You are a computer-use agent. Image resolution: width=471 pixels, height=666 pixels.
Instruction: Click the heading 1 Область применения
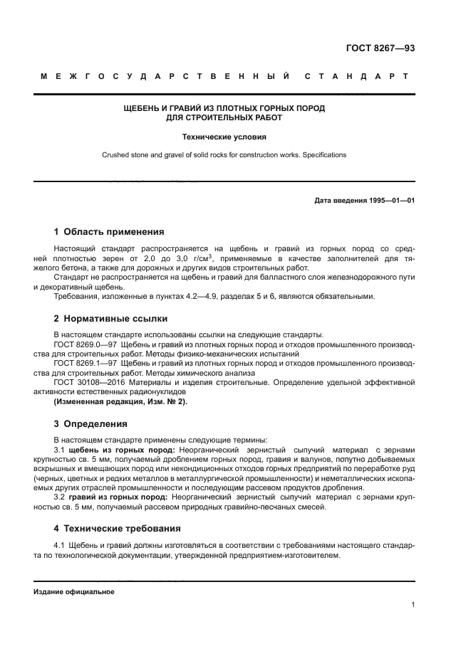[110, 231]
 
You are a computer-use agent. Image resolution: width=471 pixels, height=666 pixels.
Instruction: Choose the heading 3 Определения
[90, 424]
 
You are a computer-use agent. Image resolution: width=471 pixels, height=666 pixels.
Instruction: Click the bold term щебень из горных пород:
[118, 450]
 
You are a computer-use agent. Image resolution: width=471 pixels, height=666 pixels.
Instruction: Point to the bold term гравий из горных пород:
[117, 497]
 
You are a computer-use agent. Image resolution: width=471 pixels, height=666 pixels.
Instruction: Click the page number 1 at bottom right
[413, 605]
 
